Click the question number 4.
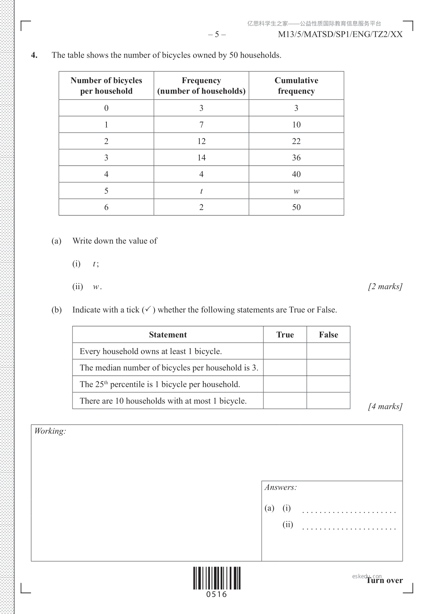(x=34, y=55)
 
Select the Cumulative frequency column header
(x=296, y=86)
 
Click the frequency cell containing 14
(x=201, y=158)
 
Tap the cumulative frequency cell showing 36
(x=296, y=158)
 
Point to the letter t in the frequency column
(x=201, y=191)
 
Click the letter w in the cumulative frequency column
(x=296, y=191)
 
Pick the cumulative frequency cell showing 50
(x=296, y=207)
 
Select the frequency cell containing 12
(x=201, y=141)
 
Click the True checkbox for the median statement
(x=285, y=368)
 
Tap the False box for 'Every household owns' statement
(x=328, y=351)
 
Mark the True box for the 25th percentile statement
(x=285, y=384)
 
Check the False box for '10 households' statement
(x=328, y=401)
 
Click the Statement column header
(x=168, y=335)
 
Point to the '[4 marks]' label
(x=385, y=407)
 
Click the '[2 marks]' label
(x=385, y=287)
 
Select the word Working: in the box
(x=50, y=431)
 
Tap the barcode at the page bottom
(x=217, y=578)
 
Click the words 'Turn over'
(x=385, y=580)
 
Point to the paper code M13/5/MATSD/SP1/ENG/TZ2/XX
(x=340, y=35)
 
